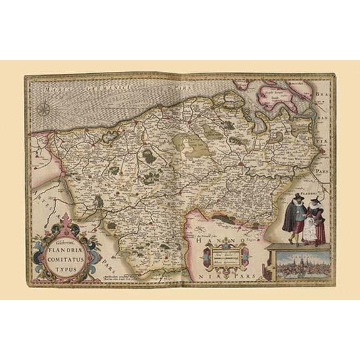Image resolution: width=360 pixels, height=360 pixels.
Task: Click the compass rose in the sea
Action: pos(44,111)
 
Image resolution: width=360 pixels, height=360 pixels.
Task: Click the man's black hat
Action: pos(293,199)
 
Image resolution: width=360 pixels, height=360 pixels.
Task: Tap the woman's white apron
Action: pos(311,229)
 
